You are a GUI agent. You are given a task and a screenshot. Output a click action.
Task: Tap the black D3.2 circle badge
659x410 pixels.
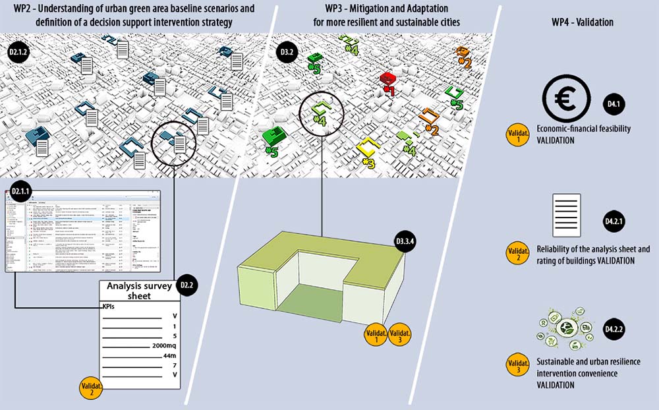tap(287, 51)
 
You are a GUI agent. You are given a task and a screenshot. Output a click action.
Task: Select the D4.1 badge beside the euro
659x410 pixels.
tap(613, 103)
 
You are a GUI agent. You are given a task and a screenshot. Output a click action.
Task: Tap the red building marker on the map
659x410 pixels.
tap(387, 82)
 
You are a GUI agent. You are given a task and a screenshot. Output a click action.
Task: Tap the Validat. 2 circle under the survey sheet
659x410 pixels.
tap(91, 388)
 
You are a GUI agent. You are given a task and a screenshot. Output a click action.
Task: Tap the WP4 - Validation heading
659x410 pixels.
tap(582, 22)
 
